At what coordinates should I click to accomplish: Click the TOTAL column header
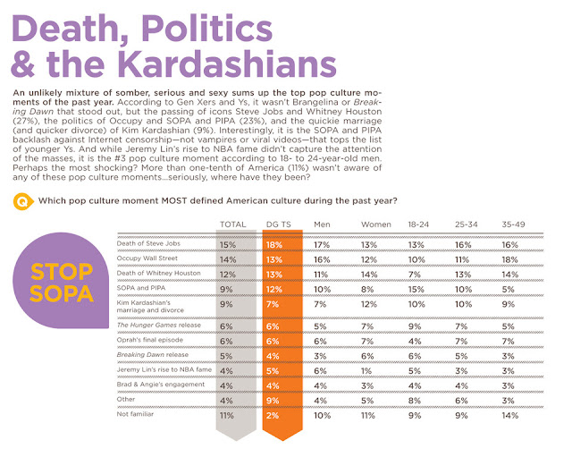[234, 224]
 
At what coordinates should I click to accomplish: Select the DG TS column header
[280, 224]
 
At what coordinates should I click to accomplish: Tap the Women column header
[376, 224]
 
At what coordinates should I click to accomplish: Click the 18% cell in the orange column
[275, 243]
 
